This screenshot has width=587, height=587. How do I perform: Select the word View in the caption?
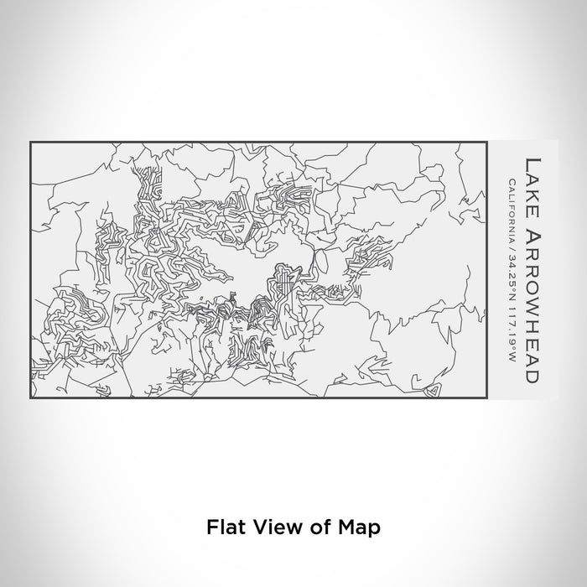(269, 527)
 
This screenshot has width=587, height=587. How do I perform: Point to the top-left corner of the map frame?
(30, 142)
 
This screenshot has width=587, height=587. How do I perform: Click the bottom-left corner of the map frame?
(30, 398)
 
